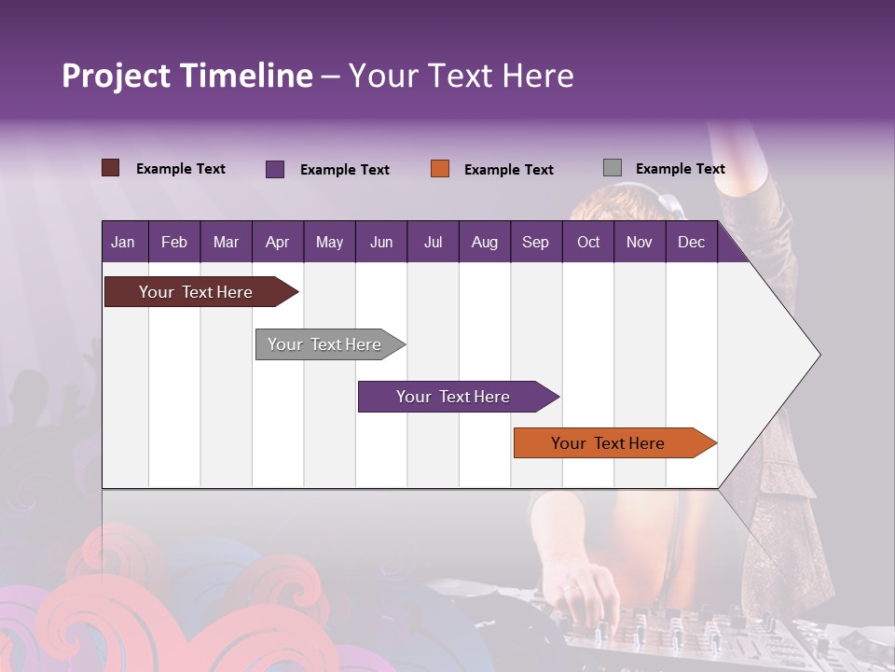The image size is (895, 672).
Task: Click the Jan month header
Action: click(x=123, y=243)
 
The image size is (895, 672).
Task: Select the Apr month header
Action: click(x=278, y=243)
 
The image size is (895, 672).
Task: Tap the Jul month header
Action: click(x=434, y=243)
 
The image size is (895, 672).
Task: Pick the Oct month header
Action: click(x=588, y=243)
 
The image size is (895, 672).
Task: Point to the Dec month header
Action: click(x=691, y=243)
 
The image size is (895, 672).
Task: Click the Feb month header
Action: click(x=174, y=243)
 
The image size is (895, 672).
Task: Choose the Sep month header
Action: click(x=535, y=243)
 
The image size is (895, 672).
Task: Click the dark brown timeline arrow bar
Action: click(x=201, y=291)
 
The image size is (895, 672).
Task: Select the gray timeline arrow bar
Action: click(x=330, y=344)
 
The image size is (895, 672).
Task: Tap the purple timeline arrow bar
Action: click(x=459, y=397)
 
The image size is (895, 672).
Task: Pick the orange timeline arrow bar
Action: click(x=615, y=442)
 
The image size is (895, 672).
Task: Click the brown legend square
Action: click(x=110, y=168)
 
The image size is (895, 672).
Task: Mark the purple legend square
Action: click(x=275, y=169)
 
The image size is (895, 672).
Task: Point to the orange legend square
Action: click(x=440, y=169)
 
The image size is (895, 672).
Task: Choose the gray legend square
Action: click(x=613, y=168)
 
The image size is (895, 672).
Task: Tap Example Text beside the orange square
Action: click(x=509, y=170)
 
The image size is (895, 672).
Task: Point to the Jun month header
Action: click(x=381, y=243)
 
